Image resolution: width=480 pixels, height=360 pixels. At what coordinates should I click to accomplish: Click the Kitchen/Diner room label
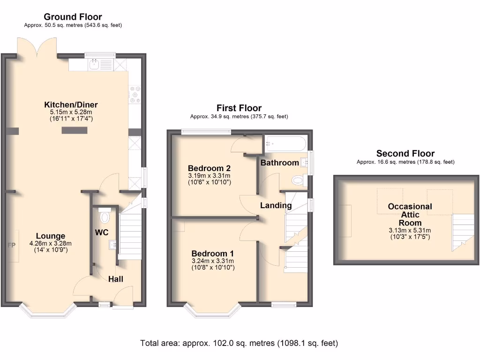click(x=71, y=105)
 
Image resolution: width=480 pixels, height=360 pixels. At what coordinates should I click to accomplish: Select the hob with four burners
click(x=135, y=95)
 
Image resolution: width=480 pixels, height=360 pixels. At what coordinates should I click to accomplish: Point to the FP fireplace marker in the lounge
click(x=12, y=245)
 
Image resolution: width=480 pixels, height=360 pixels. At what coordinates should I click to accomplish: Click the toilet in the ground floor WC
click(x=105, y=216)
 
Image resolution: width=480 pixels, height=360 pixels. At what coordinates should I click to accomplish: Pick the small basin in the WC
click(x=112, y=245)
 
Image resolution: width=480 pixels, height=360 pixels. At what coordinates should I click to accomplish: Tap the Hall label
click(x=116, y=279)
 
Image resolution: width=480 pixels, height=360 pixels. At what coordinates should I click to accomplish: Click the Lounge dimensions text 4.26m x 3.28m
click(x=51, y=244)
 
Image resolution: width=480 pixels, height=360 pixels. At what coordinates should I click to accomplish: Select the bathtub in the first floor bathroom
click(x=285, y=143)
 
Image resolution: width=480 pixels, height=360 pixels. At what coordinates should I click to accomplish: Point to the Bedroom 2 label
click(x=209, y=168)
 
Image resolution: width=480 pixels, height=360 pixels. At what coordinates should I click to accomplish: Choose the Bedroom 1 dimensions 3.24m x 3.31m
click(x=213, y=261)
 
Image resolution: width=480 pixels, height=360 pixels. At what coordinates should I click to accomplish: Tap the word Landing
click(x=276, y=205)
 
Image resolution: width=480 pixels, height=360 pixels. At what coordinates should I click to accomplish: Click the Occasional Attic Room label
click(x=410, y=215)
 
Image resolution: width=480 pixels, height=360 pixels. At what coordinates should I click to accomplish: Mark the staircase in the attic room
click(x=463, y=232)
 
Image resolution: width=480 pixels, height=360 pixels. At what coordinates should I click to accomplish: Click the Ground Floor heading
click(x=73, y=17)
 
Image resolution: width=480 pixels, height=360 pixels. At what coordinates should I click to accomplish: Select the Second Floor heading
click(x=405, y=153)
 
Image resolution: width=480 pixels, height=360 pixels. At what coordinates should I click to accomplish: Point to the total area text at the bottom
click(x=239, y=343)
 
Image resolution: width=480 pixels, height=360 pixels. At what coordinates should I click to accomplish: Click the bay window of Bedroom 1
click(x=213, y=310)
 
